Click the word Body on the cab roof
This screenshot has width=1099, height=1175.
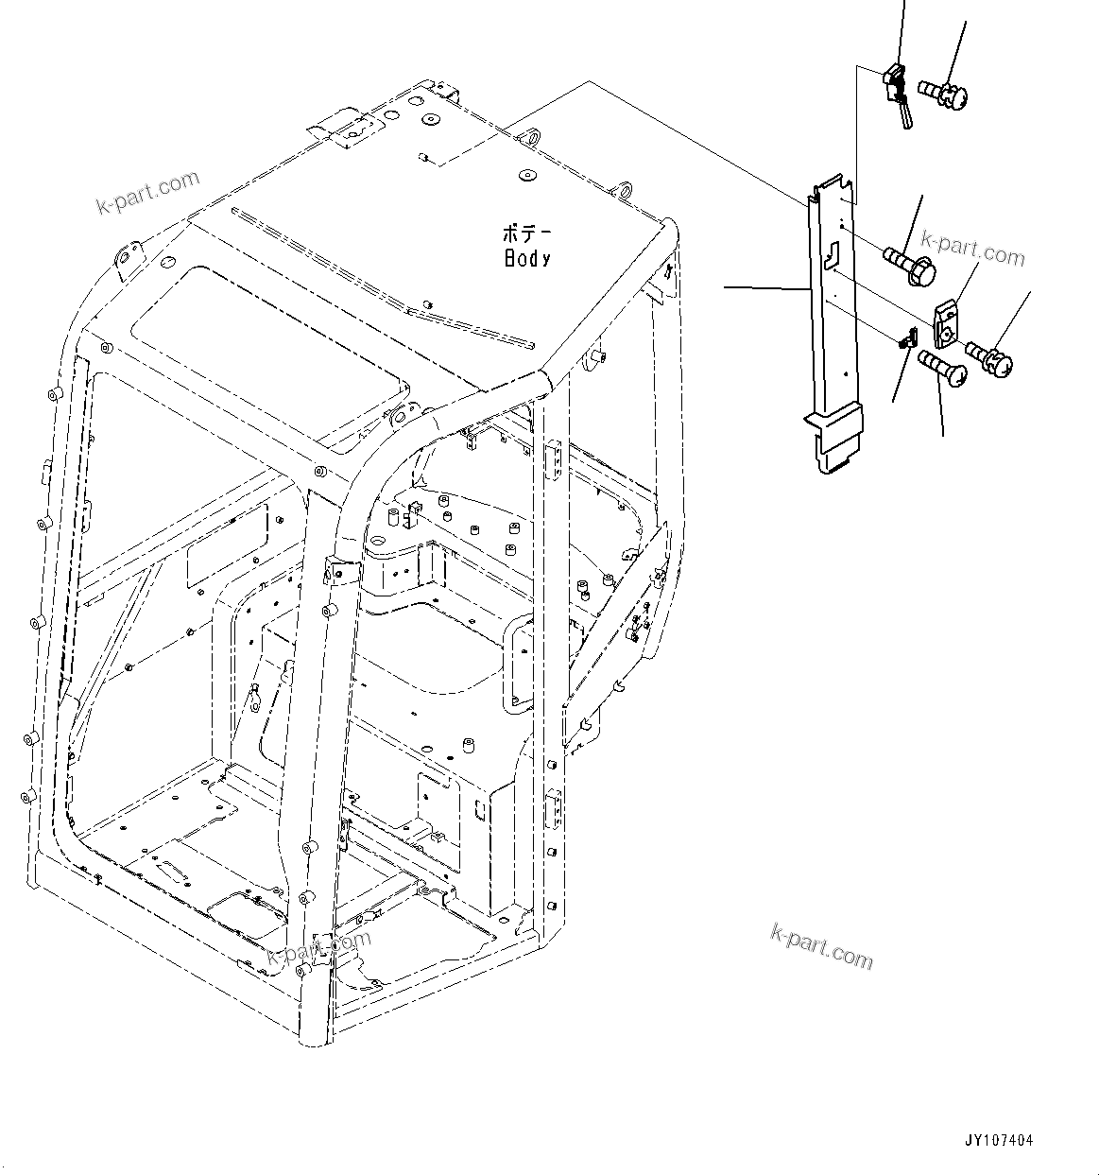(527, 258)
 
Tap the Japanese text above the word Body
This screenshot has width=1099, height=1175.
(529, 233)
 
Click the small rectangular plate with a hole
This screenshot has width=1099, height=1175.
(947, 322)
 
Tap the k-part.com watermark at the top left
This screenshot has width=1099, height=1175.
(148, 192)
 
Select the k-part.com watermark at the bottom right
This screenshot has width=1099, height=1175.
(821, 946)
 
